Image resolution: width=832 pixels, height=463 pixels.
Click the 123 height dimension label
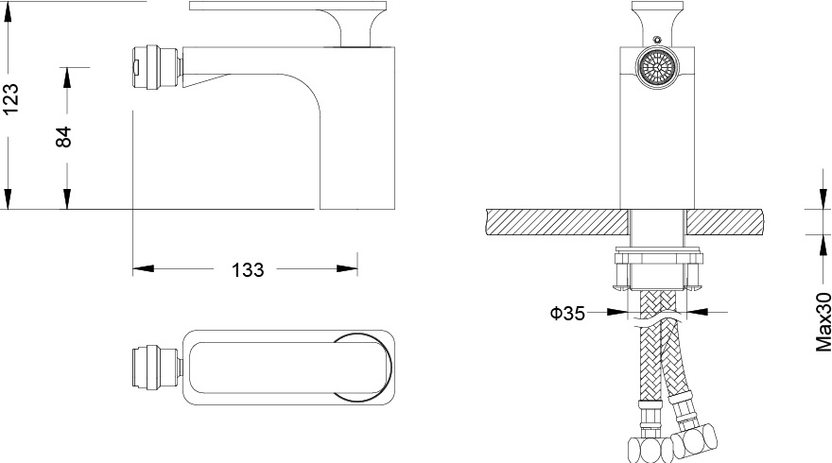tap(11, 98)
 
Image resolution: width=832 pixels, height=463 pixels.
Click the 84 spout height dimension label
tap(63, 136)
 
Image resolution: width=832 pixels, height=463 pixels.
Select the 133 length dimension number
tap(248, 270)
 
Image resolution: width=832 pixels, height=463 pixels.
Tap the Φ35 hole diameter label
tap(567, 314)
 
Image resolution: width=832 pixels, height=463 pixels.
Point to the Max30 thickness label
tap(823, 321)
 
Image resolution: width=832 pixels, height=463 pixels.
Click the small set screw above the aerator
tap(657, 39)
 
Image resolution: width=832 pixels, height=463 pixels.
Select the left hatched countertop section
tap(557, 222)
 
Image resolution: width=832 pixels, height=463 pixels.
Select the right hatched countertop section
tap(725, 222)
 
